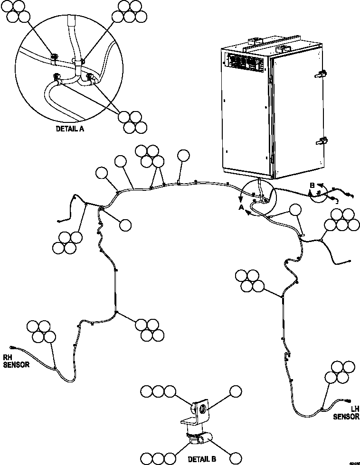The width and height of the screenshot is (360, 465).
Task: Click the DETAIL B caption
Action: pyautogui.click(x=202, y=459)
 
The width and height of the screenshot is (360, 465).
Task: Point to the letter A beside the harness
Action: pyautogui.click(x=241, y=208)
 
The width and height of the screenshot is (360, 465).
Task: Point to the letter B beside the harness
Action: pyautogui.click(x=313, y=185)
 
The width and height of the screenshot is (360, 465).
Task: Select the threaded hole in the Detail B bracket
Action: pyautogui.click(x=202, y=408)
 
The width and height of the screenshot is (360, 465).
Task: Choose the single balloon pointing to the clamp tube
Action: pyautogui.click(x=236, y=458)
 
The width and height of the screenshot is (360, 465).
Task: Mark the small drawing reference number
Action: pyautogui.click(x=353, y=462)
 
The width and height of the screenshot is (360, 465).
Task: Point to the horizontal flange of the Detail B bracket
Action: pyautogui.click(x=189, y=421)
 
